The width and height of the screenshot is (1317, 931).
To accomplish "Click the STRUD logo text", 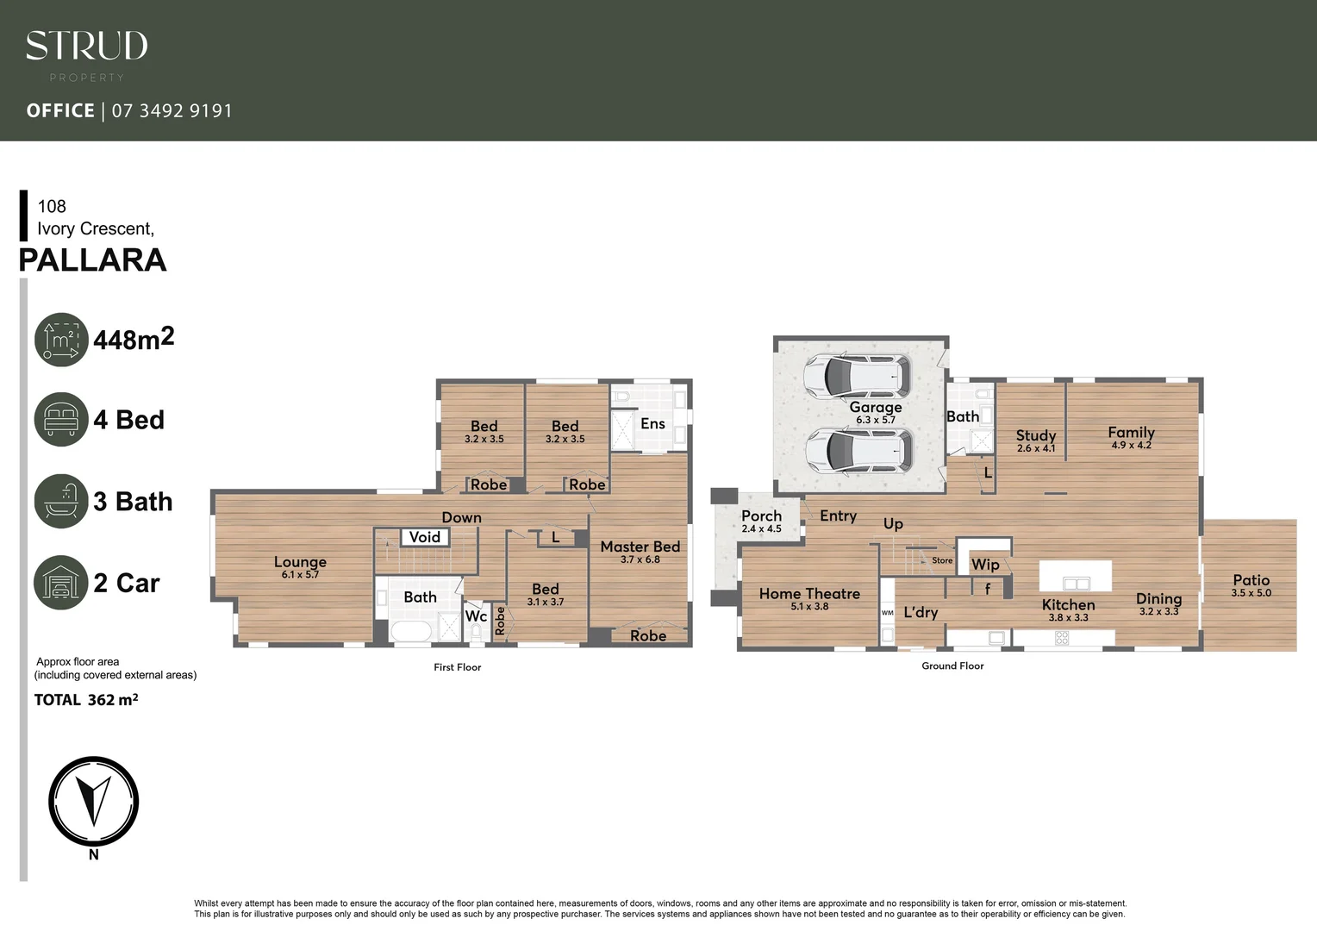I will coord(86,47).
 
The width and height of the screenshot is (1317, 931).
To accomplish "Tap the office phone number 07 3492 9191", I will coord(172,111).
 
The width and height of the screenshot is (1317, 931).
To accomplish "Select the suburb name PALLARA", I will coord(92,260).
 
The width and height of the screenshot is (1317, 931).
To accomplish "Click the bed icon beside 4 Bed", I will coord(61,420).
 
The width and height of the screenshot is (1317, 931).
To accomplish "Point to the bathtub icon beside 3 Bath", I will coord(61,501).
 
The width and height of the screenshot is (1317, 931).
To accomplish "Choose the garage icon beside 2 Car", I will coord(61,583).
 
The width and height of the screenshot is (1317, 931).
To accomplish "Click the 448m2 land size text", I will coord(134,339).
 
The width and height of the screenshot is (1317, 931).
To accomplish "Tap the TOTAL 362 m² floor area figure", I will coord(86,700).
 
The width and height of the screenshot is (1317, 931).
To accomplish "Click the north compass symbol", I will coord(93,802).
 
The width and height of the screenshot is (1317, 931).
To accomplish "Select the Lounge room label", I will coord(300,562).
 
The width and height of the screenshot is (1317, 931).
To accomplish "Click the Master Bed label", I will coord(640,547).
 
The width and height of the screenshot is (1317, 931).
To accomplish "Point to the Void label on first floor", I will coord(424,537).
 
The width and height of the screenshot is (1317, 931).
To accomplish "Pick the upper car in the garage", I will coord(856,375).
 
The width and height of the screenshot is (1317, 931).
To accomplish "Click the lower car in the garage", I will coord(856,451).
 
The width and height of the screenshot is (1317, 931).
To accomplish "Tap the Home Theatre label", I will coord(809,594).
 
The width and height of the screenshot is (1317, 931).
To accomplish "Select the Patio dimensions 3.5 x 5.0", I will coord(1251,593).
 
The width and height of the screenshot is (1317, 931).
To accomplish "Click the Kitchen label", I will coord(1068,605).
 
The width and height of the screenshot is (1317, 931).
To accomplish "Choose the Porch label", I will coord(761,516).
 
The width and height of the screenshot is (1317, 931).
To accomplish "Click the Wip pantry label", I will coord(985,565).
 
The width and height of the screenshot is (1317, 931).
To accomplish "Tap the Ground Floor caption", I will coord(952,665).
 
